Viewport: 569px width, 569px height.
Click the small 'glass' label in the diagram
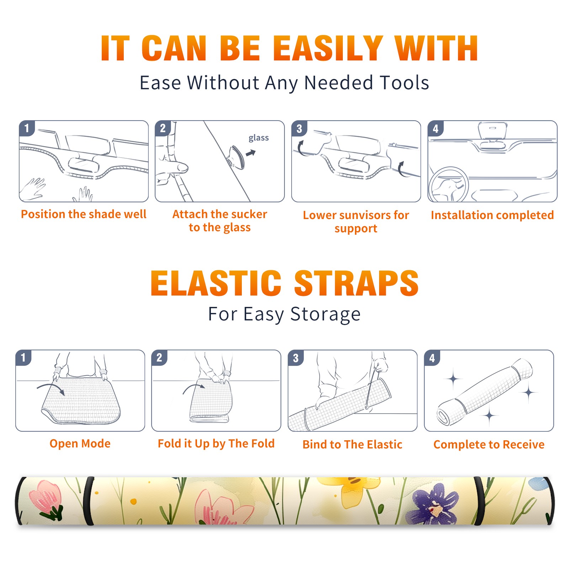tap(259, 138)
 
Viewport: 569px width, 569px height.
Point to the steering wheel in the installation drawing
tap(448, 185)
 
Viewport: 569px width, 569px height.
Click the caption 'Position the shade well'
tap(84, 214)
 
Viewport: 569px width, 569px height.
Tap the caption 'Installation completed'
tap(492, 215)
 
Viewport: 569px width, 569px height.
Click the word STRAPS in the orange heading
tap(356, 283)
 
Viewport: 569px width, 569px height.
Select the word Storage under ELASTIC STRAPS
tap(325, 314)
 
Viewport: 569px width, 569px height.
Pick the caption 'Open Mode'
tap(80, 443)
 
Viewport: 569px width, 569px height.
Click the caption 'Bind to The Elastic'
tap(352, 445)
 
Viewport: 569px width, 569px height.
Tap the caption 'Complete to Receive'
tap(489, 445)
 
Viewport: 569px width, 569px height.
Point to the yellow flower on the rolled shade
tap(350, 489)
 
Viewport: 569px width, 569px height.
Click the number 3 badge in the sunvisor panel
tap(299, 129)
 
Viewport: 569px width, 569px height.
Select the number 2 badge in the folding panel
tap(159, 358)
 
